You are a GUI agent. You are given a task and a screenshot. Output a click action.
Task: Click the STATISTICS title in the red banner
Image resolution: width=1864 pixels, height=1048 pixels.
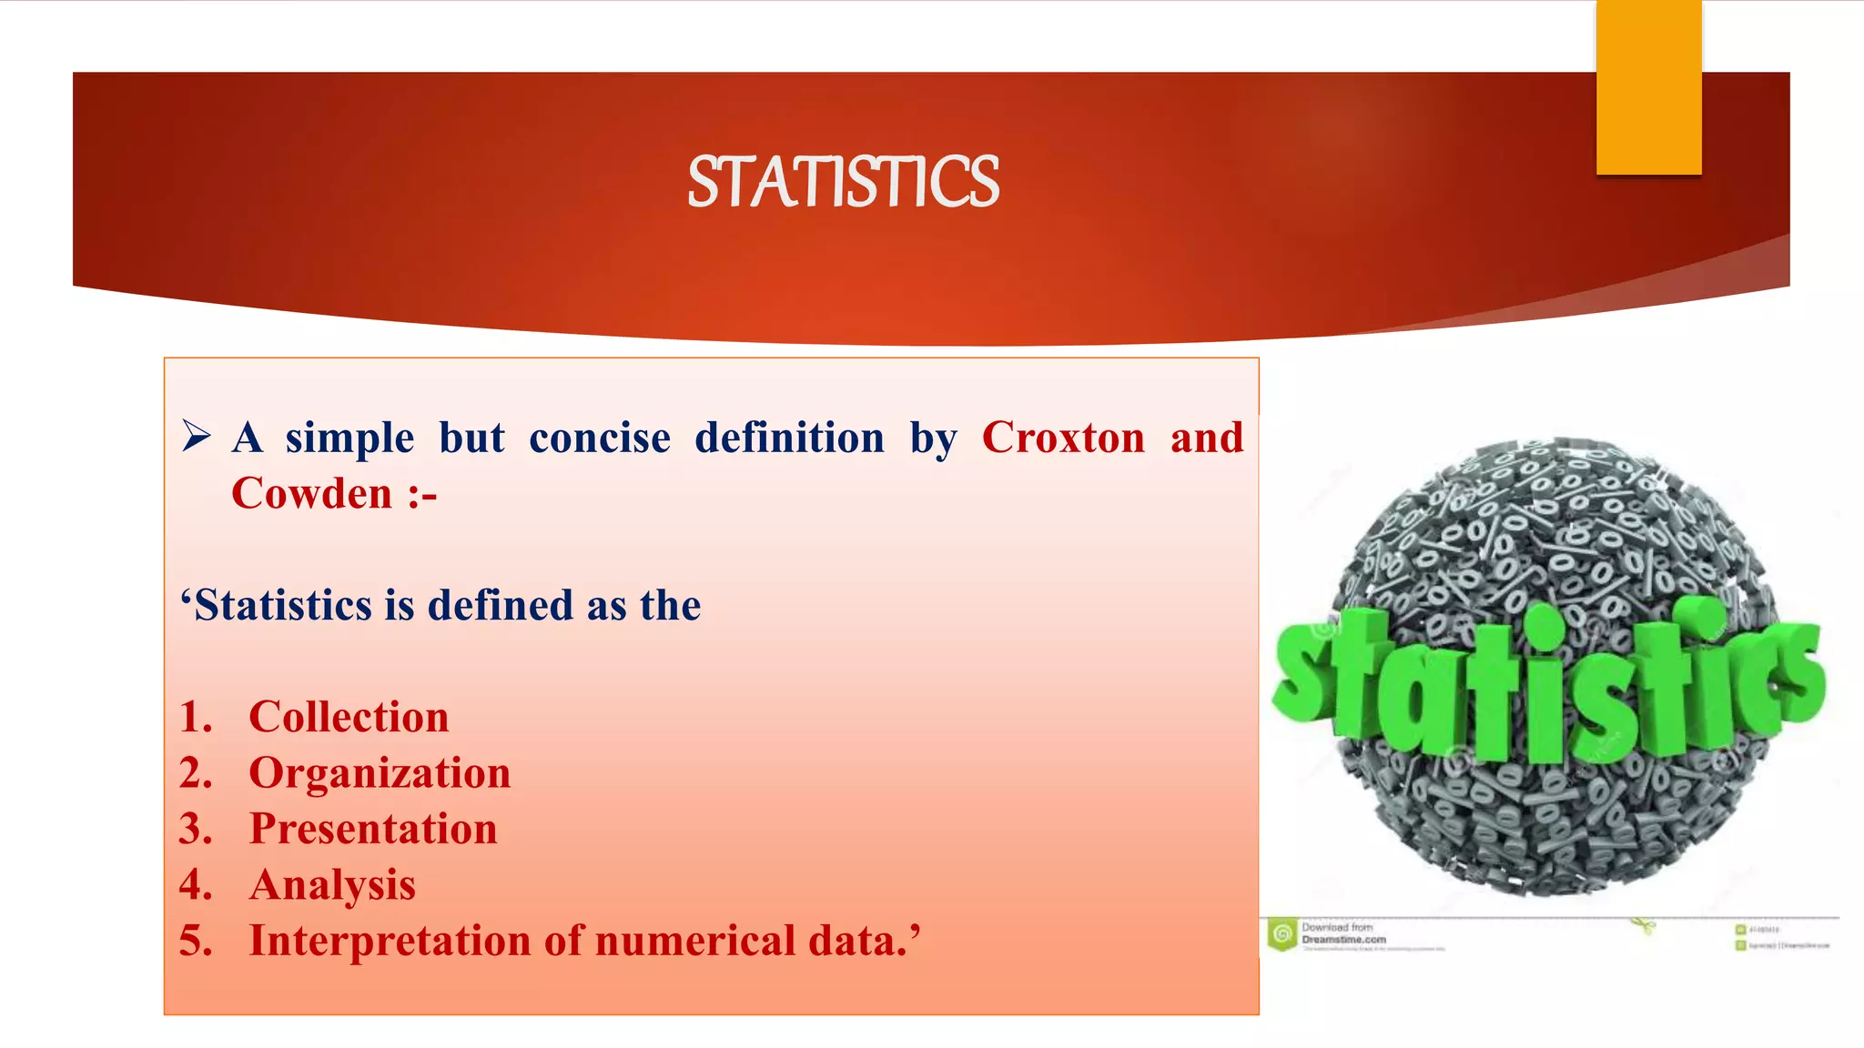(843, 182)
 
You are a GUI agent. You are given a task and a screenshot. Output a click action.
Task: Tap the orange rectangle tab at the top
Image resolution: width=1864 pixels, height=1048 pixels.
(1648, 86)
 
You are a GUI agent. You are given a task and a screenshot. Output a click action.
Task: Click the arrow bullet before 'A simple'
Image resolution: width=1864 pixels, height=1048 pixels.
(196, 436)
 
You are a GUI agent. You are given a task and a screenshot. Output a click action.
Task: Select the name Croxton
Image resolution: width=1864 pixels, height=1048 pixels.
(1063, 438)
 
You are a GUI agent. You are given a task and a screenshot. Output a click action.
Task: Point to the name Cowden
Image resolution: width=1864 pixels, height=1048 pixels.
(311, 494)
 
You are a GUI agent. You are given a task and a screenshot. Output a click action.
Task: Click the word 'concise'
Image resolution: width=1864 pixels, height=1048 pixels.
(600, 438)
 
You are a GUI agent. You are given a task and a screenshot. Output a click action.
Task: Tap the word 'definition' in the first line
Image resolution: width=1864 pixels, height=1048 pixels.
(789, 438)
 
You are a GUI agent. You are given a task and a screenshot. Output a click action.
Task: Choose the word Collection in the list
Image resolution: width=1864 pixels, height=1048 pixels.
(349, 717)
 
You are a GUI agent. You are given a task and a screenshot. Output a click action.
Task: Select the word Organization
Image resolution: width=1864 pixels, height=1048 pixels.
(380, 773)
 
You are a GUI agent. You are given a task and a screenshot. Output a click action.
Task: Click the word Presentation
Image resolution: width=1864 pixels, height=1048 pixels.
(373, 829)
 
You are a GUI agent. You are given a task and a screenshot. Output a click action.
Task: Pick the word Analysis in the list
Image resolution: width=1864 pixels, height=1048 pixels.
(332, 885)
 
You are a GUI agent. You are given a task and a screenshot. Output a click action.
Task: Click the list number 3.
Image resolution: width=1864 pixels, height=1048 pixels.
(195, 829)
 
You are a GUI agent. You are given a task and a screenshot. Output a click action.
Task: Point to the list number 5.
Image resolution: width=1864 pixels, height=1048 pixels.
(195, 941)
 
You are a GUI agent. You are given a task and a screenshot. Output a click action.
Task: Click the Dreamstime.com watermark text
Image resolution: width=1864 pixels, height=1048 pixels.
(1343, 939)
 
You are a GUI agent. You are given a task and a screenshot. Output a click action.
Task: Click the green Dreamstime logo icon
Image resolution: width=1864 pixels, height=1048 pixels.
(1282, 934)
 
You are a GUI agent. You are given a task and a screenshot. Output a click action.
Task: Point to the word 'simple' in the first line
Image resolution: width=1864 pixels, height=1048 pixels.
(349, 438)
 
